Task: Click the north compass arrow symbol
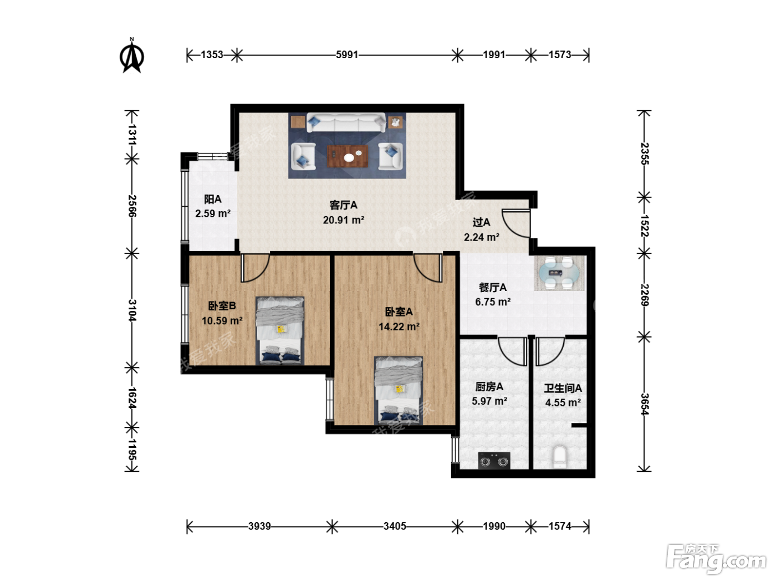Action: tap(131, 56)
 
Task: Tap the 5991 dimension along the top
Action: tap(347, 55)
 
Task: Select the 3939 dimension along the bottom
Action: tap(259, 526)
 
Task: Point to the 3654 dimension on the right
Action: tap(645, 404)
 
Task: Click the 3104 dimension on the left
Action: tap(132, 310)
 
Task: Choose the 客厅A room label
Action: tap(343, 205)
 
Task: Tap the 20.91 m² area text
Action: tap(343, 220)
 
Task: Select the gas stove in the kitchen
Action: tap(494, 461)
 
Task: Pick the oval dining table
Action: tap(559, 273)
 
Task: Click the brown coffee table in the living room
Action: tap(348, 156)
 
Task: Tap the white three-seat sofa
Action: tap(346, 122)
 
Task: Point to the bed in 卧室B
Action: tap(280, 331)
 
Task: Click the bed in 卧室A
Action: tap(399, 390)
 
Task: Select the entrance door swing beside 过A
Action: tap(517, 223)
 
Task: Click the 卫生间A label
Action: tap(563, 389)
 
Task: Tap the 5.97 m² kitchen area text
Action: tap(489, 401)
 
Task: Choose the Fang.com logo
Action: tap(716, 559)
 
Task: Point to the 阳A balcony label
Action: tap(212, 200)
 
